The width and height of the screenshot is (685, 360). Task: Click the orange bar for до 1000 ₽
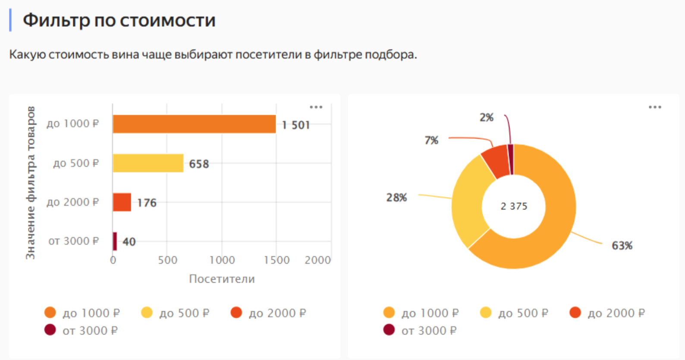[x=194, y=124]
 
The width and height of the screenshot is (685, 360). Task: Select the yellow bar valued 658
[x=148, y=163]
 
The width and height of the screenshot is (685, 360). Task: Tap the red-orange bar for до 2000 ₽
[x=122, y=202]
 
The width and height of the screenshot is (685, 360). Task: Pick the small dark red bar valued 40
[x=115, y=241]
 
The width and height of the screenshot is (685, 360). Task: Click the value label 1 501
[x=296, y=125]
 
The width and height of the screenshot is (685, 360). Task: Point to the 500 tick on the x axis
[x=167, y=260]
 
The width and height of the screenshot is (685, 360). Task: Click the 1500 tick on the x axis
[x=277, y=260]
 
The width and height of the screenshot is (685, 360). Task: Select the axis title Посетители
[x=222, y=279]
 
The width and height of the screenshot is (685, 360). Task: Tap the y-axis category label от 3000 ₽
[x=73, y=241]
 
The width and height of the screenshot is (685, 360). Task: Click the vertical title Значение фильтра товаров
[x=30, y=183]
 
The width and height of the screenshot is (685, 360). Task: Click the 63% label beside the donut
[x=622, y=246]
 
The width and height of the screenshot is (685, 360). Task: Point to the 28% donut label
[x=396, y=198]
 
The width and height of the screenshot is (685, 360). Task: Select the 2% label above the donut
[x=486, y=117]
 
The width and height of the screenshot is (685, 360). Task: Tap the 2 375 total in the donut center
[x=514, y=206]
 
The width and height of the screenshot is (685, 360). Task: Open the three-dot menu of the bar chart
[x=316, y=107]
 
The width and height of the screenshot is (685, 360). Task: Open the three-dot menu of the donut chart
[x=655, y=107]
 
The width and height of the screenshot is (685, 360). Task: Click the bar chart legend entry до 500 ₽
[x=176, y=313]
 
